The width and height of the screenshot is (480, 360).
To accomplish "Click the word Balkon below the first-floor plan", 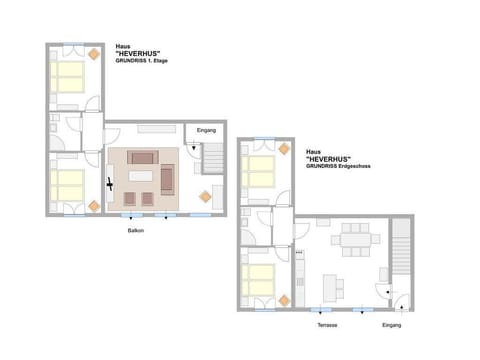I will (134, 231).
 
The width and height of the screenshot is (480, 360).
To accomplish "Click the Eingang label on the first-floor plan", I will (207, 131).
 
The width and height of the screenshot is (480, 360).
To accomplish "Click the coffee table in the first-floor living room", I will (141, 177).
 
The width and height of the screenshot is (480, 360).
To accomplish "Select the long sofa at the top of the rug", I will (142, 157).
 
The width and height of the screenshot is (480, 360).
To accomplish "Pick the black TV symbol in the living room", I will (110, 184).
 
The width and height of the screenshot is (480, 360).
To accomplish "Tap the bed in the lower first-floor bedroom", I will (68, 184).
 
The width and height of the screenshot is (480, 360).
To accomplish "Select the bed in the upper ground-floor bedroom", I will (260, 171).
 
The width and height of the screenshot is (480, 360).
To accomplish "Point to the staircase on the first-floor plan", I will (213, 159).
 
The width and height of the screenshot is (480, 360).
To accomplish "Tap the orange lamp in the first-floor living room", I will (205, 196).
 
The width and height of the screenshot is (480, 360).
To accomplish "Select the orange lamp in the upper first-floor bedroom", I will (93, 53).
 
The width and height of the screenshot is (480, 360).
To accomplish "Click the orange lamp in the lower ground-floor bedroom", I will (284, 300).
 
